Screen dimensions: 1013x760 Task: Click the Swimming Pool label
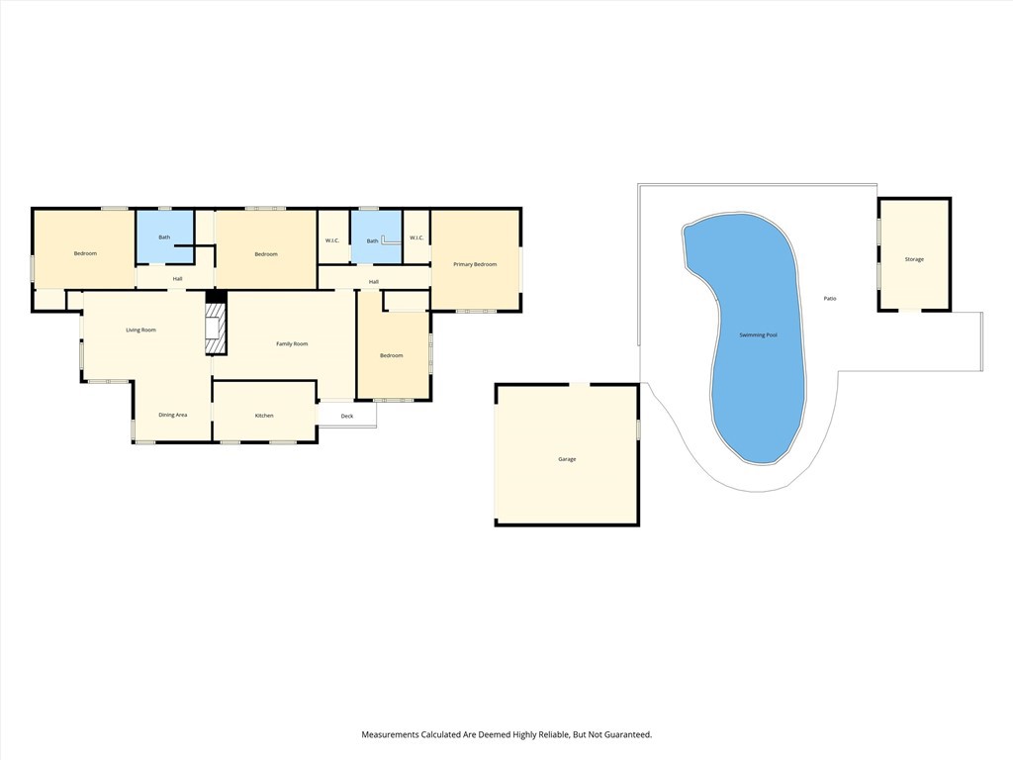click(x=758, y=334)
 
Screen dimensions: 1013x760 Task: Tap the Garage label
click(x=567, y=459)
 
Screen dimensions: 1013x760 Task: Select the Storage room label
click(x=914, y=259)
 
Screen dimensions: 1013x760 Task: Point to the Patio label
click(x=830, y=299)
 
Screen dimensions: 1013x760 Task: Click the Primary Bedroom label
click(x=475, y=264)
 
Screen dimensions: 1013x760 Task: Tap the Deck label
click(x=347, y=416)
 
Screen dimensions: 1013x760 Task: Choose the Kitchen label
click(x=264, y=416)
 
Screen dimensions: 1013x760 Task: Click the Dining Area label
click(x=172, y=415)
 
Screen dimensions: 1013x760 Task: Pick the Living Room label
click(x=140, y=331)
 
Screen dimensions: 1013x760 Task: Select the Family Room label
click(x=292, y=343)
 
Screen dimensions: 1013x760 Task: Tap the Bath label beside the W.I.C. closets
click(x=372, y=241)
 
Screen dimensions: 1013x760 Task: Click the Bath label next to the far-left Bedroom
click(x=165, y=237)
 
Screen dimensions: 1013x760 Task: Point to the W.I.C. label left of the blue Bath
click(x=332, y=240)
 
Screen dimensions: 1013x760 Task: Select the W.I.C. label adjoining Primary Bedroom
click(x=416, y=237)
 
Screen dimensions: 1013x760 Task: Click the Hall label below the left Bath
click(x=178, y=278)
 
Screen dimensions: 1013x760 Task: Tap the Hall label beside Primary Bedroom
click(x=373, y=282)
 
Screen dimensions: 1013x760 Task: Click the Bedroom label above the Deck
click(x=392, y=355)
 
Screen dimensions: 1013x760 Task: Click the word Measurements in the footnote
click(x=390, y=735)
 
